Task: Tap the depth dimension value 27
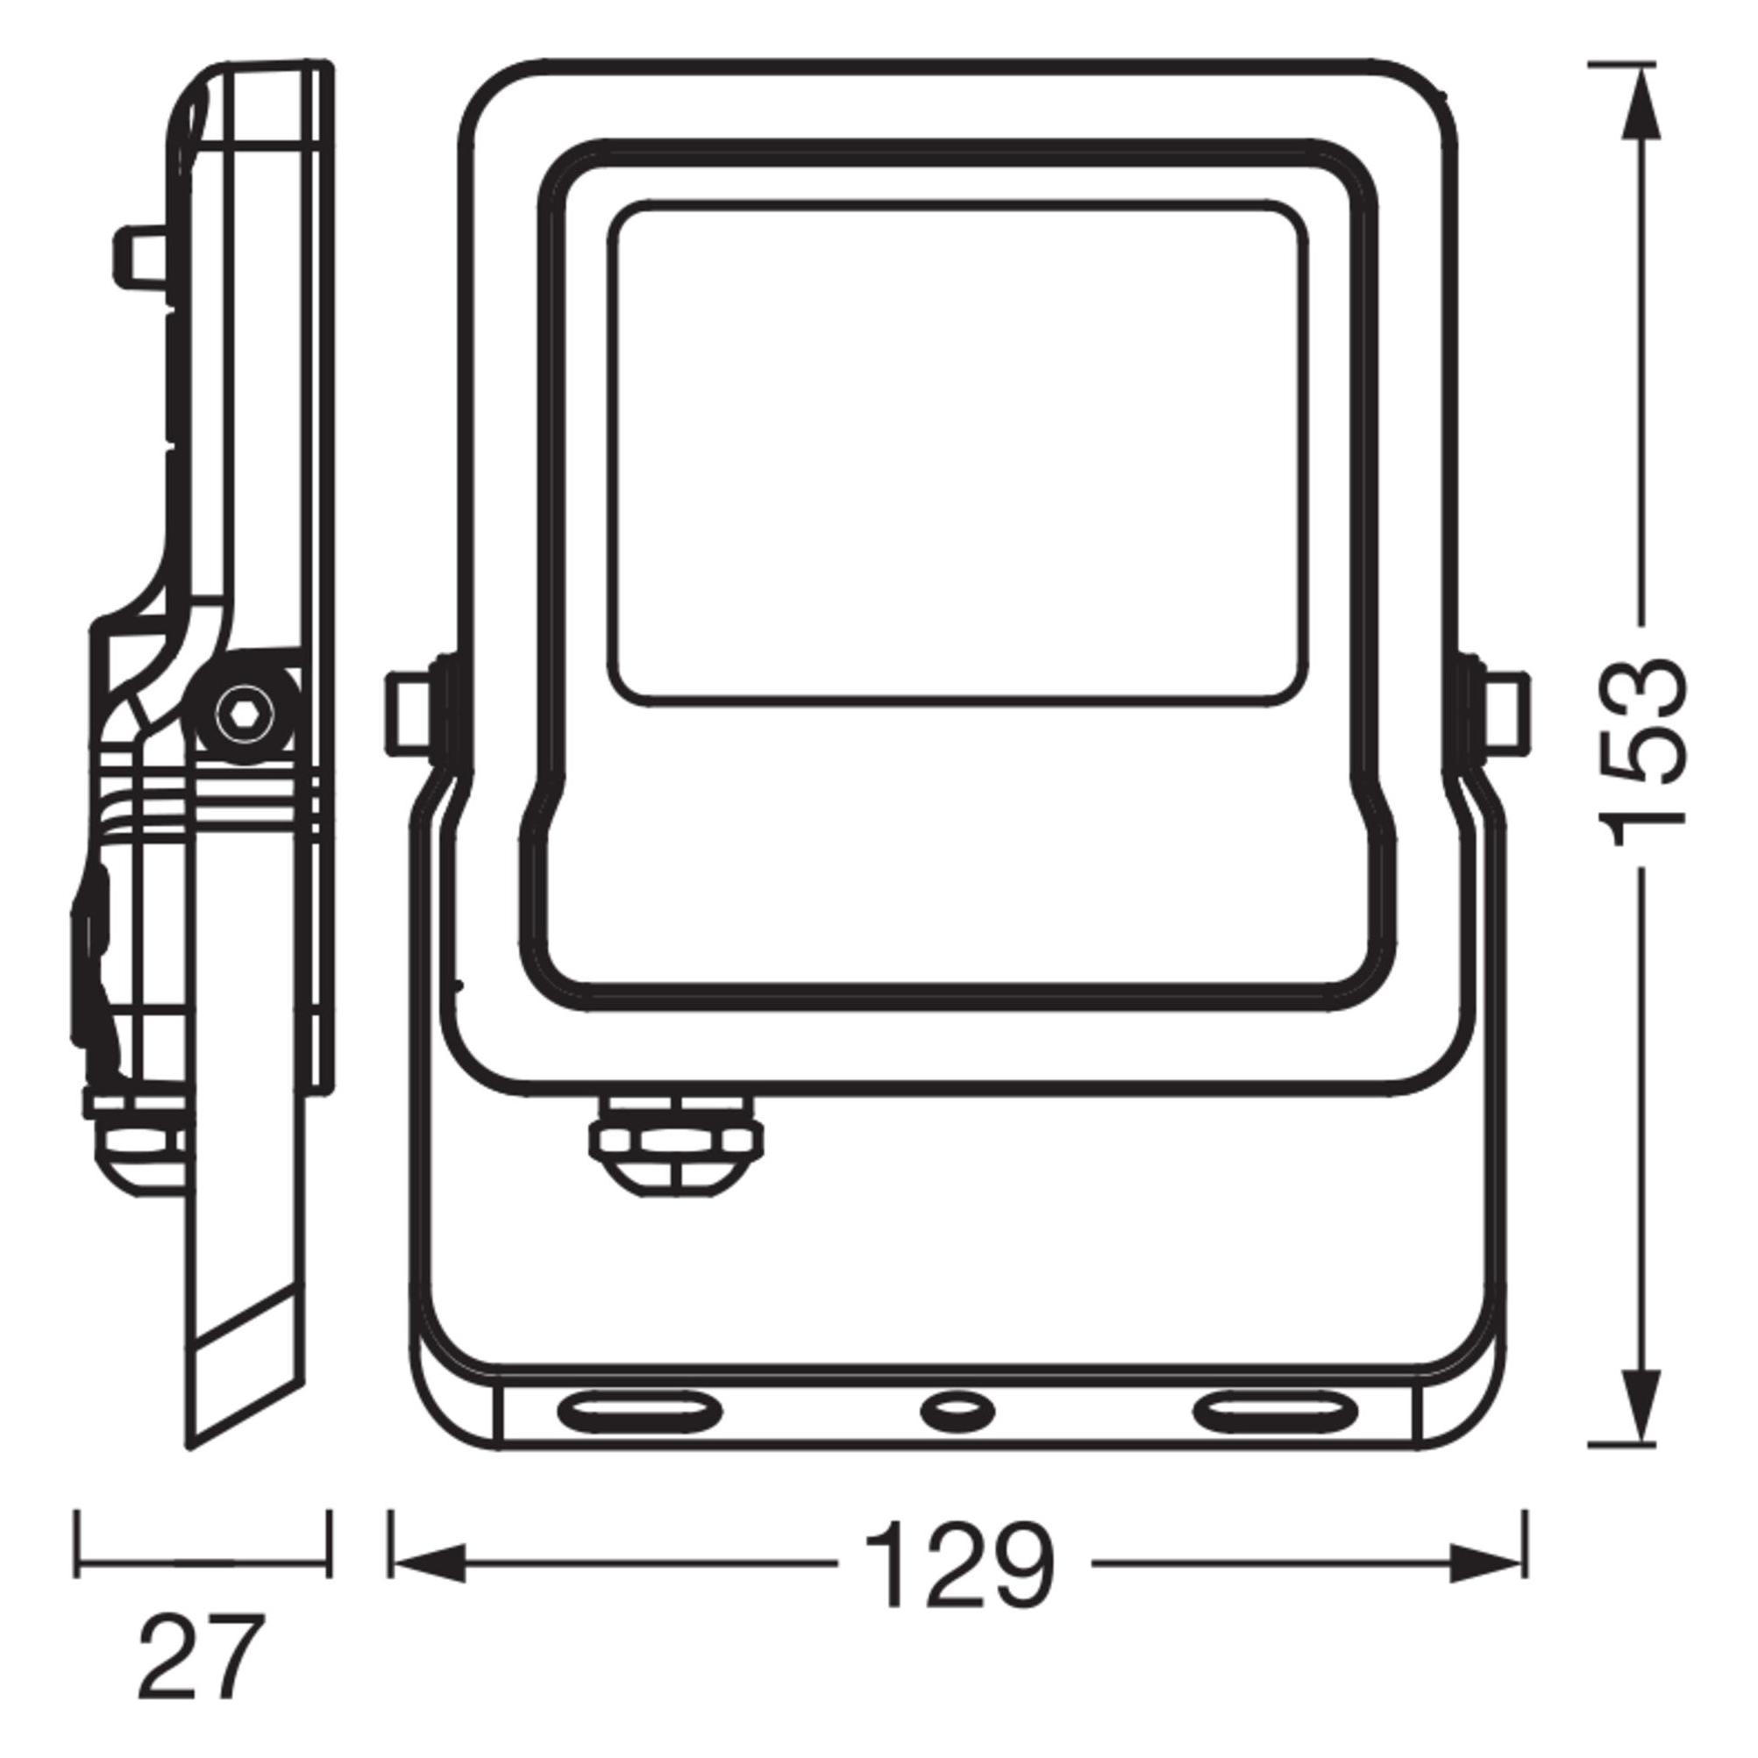pos(202,1655)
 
